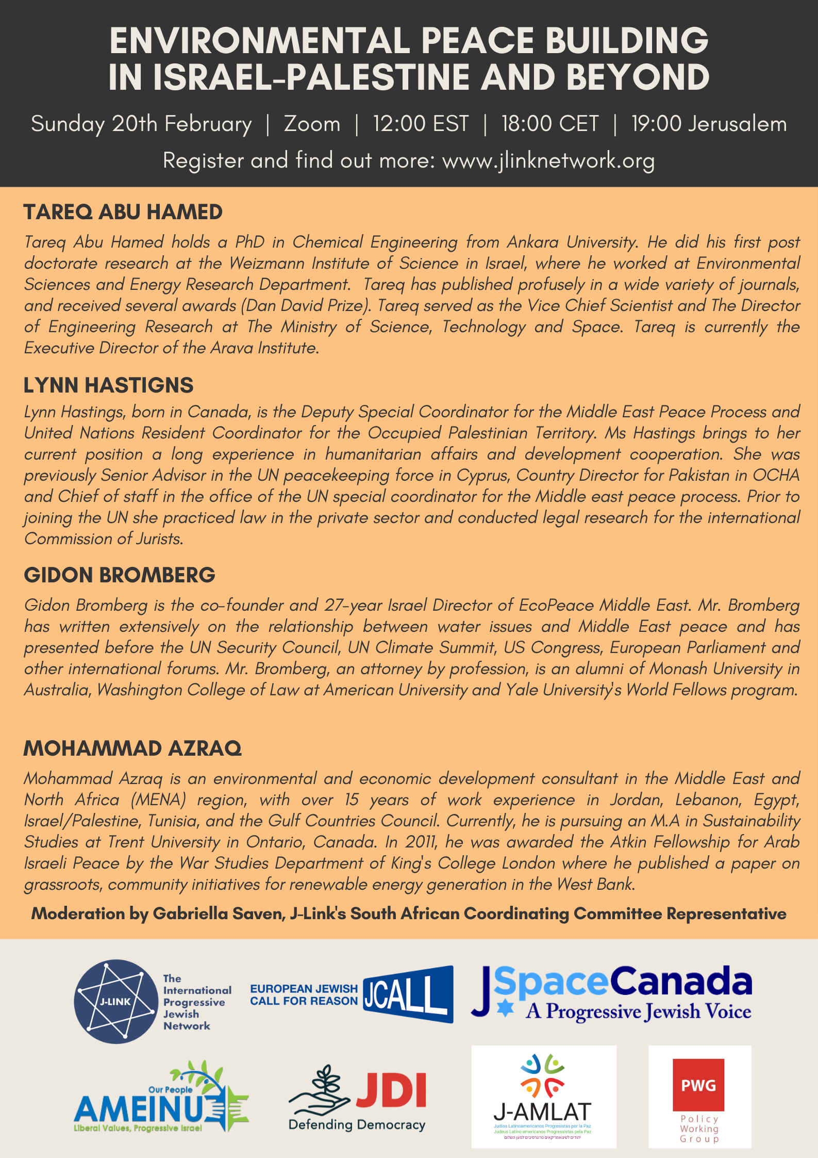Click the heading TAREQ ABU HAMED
(x=123, y=212)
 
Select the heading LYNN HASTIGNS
(x=108, y=385)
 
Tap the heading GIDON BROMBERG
(x=119, y=575)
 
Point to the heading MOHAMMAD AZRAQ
(x=132, y=748)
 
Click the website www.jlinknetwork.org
(x=548, y=160)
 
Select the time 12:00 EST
(x=421, y=124)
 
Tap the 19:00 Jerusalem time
(x=709, y=124)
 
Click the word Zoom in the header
(x=312, y=124)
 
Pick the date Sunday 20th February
(x=141, y=124)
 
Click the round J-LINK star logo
(x=116, y=1001)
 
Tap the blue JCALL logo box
(x=408, y=994)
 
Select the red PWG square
(x=698, y=1085)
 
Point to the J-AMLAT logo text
(x=542, y=1112)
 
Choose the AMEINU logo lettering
(x=139, y=1109)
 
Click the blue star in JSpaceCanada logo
(x=505, y=1008)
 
